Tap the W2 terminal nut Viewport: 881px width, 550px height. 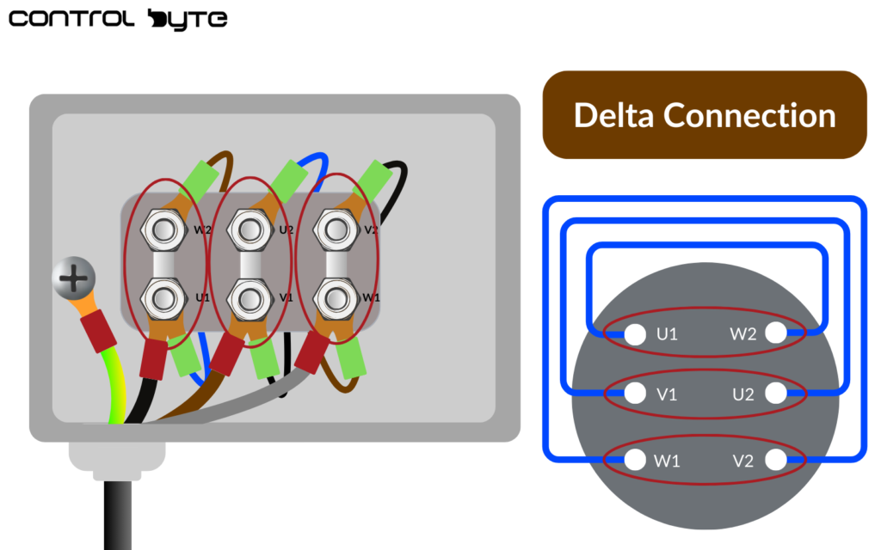[163, 229]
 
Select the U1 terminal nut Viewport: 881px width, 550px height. [163, 296]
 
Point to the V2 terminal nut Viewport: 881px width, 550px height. [335, 229]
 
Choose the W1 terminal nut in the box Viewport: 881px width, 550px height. [335, 296]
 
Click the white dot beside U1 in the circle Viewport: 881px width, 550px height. [635, 333]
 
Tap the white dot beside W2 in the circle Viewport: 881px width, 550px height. [775, 333]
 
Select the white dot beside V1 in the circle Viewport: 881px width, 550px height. [635, 394]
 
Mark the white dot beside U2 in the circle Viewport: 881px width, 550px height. [775, 394]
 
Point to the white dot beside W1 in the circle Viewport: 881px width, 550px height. [635, 460]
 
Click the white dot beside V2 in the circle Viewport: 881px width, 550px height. [775, 460]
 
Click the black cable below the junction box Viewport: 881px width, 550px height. [118, 516]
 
